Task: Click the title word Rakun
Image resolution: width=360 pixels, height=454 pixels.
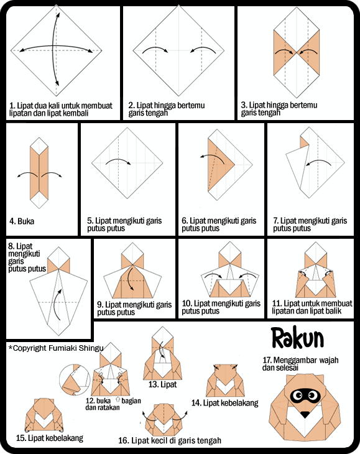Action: click(298, 338)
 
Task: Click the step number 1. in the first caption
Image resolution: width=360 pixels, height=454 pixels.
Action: click(12, 106)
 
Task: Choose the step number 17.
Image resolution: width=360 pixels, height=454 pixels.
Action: click(268, 359)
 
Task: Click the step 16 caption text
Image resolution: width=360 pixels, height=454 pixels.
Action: click(169, 441)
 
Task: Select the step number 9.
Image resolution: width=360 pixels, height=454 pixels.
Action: click(101, 305)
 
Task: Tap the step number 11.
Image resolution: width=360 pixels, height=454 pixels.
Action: click(277, 303)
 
